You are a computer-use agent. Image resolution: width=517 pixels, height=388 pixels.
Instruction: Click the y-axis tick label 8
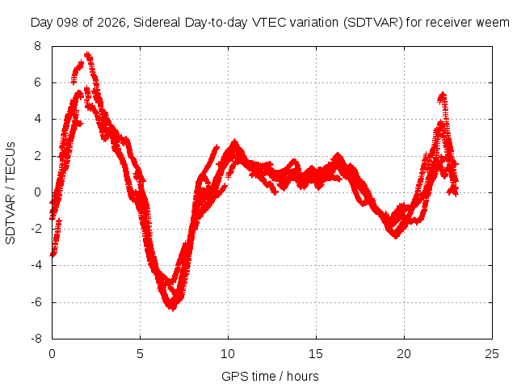coord(38,46)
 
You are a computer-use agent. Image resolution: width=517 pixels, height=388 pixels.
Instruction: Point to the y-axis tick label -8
coord(36,339)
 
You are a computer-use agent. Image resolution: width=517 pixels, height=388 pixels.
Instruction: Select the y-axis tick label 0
coord(38,192)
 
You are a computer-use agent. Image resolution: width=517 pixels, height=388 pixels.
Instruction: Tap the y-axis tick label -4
coord(36,265)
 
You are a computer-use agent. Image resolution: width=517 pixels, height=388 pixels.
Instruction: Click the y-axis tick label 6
coord(38,82)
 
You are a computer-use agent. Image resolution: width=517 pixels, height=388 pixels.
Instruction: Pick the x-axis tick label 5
coord(140,354)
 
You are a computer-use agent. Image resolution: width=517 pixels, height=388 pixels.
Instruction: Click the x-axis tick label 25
coord(492,354)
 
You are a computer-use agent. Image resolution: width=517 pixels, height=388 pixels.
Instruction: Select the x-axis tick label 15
coord(316,354)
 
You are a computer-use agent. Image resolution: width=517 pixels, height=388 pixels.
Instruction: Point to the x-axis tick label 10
coord(228,354)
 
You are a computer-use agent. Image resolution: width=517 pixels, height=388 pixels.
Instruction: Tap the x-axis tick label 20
coord(404,354)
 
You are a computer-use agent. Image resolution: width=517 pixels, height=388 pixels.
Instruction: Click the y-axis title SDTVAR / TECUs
coord(11,193)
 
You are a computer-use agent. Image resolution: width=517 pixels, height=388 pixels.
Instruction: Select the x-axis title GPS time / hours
coord(270,376)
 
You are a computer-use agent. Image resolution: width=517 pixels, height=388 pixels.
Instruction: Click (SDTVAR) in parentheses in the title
coord(372,23)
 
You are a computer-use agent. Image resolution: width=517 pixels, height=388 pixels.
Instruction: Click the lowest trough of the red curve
coord(173,309)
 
